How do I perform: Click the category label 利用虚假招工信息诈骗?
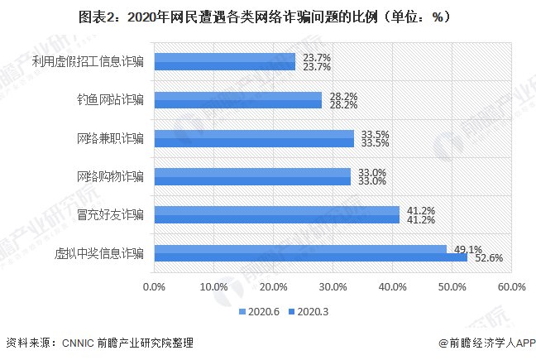(88, 62)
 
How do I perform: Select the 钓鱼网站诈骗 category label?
(108, 100)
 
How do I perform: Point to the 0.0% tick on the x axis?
(155, 286)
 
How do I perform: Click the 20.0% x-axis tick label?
(274, 286)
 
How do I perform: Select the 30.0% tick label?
(333, 286)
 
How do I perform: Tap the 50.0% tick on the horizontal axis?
(452, 286)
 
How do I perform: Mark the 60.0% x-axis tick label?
(511, 286)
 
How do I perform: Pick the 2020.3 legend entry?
(307, 312)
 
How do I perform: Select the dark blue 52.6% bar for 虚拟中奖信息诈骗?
(311, 257)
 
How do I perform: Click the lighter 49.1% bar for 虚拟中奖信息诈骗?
(300, 248)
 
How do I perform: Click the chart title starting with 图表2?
(268, 17)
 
